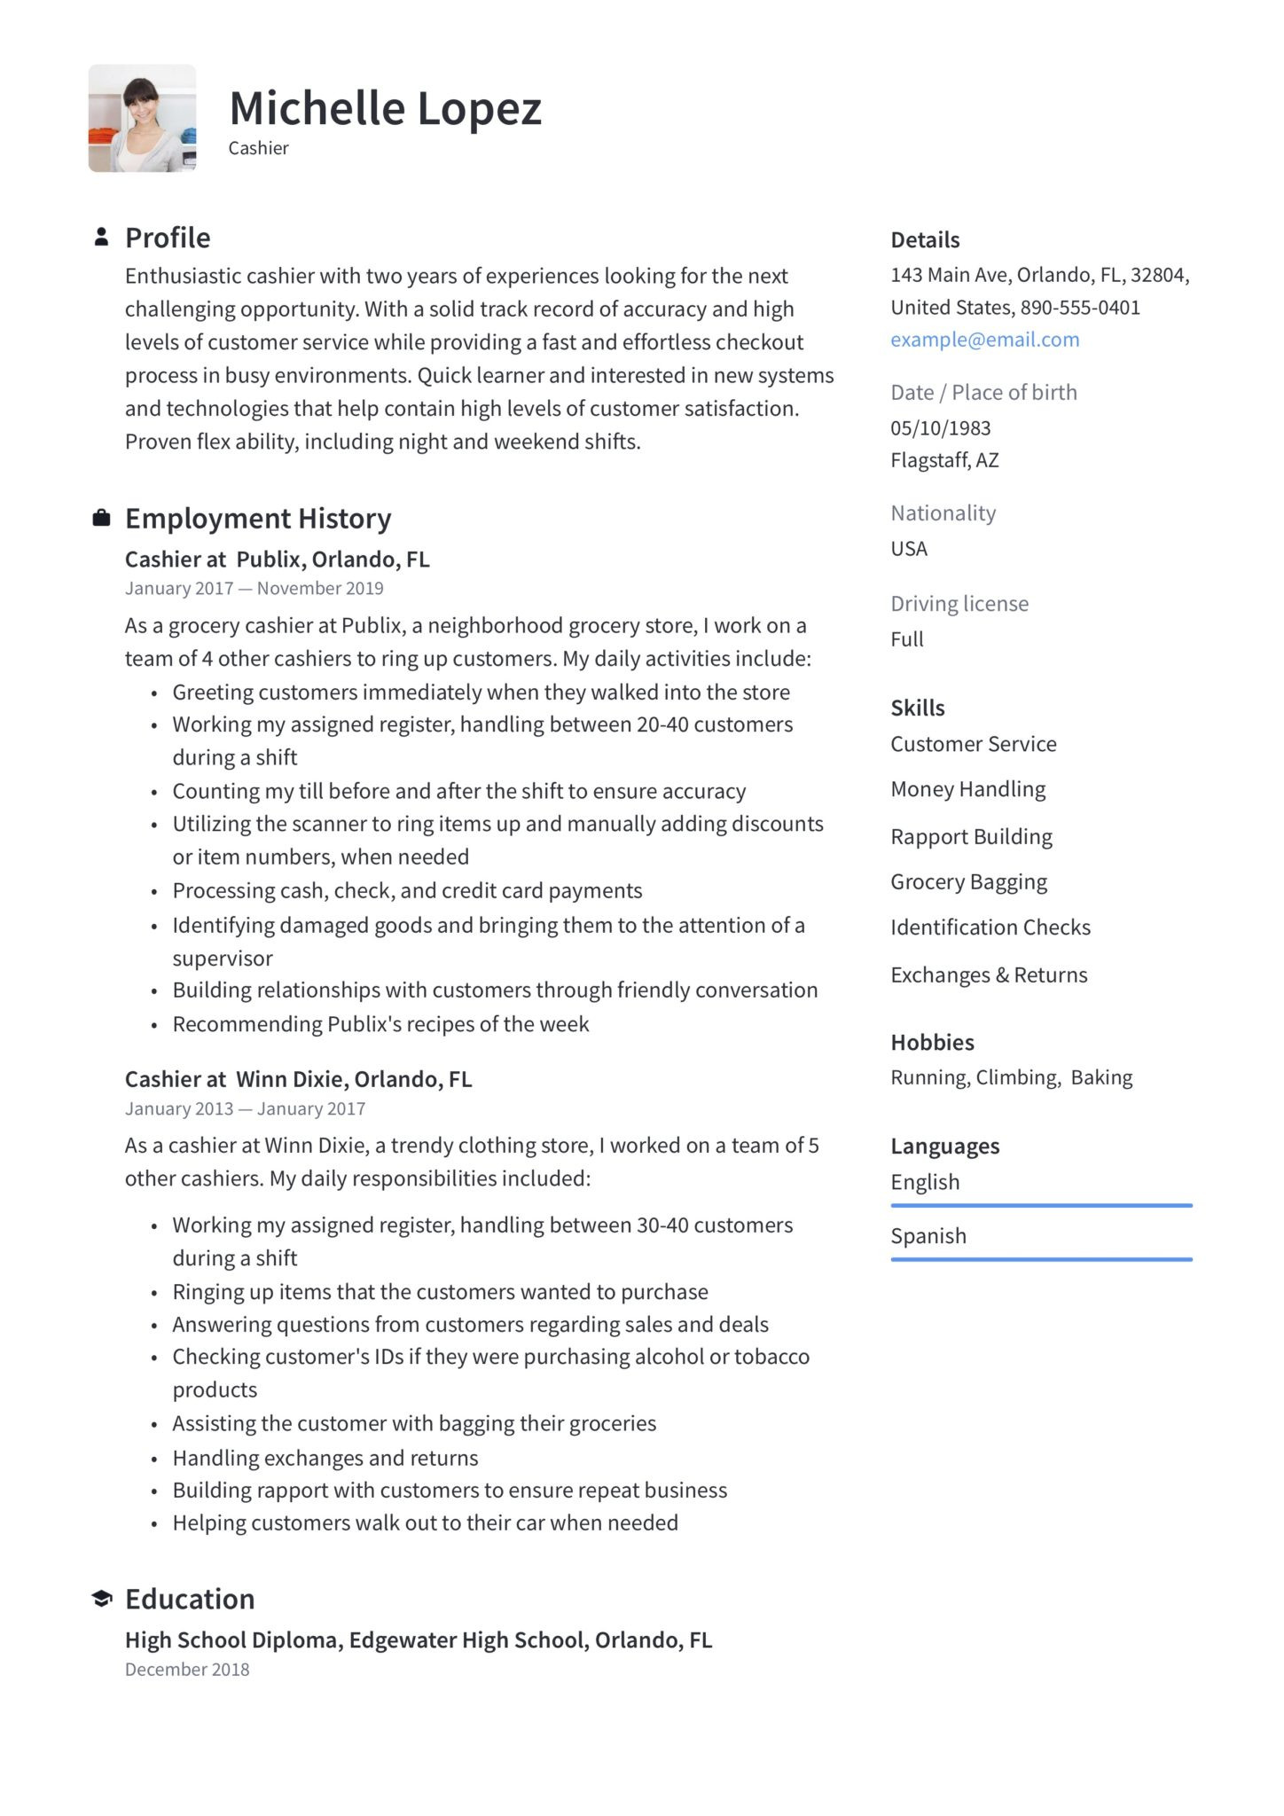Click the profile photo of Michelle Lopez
pos(142,118)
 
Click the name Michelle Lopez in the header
pos(385,108)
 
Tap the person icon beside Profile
pos(101,237)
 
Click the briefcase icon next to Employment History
pos(101,518)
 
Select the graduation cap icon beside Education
pos(101,1598)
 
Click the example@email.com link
pos(984,340)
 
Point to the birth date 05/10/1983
pos(940,428)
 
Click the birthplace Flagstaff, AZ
pos(944,460)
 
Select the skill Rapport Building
pos(971,836)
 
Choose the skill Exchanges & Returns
pos(989,975)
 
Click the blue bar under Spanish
pos(1041,1259)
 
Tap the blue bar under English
pos(1041,1205)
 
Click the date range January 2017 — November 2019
pos(254,589)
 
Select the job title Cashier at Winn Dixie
pos(298,1079)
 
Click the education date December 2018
pos(187,1669)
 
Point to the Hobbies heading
pos(932,1042)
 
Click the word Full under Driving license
pos(906,639)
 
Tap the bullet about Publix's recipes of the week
pos(380,1024)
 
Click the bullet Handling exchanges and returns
pos(325,1458)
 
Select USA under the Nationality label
pos(909,549)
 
